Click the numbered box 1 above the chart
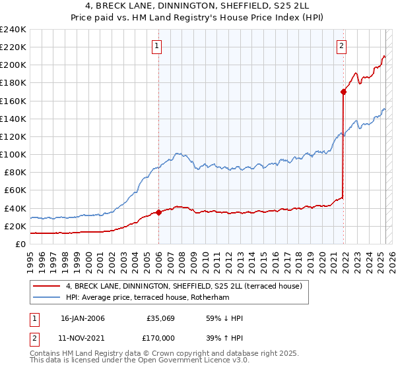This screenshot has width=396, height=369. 157,46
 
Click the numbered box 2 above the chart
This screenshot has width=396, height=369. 341,46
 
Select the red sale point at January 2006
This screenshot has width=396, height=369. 159,212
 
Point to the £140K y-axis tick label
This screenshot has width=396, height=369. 13,119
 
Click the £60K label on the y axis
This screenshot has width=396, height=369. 15,190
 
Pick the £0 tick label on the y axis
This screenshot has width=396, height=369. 20,244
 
